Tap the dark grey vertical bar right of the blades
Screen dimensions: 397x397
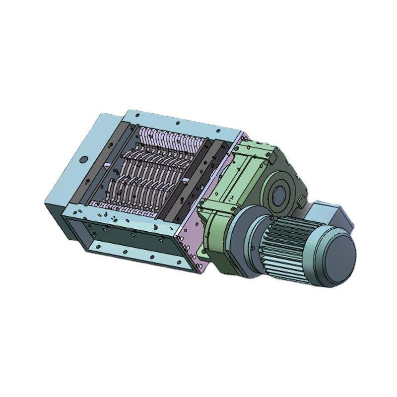pos(213,169)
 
